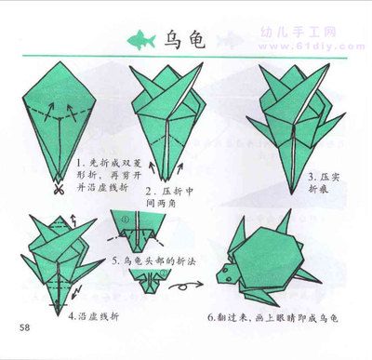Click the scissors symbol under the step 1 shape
59,191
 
